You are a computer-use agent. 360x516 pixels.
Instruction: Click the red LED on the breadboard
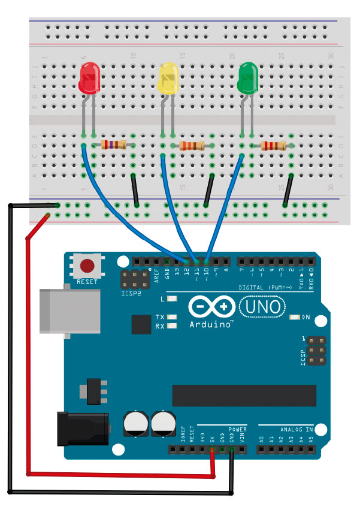[89, 79]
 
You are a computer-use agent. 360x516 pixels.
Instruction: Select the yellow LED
[168, 80]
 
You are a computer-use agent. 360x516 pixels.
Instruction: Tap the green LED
[248, 79]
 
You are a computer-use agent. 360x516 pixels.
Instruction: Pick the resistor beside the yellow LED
[192, 146]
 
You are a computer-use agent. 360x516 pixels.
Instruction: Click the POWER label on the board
[237, 430]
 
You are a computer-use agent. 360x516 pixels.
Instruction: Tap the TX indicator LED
[173, 317]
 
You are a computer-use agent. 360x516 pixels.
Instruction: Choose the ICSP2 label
[131, 295]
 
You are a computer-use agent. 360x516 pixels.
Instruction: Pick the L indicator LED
[173, 298]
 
